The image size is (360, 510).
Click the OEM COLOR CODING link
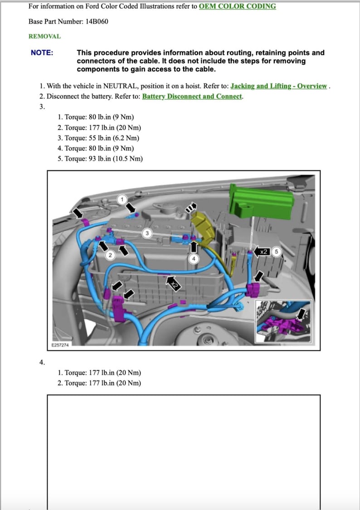click(237, 6)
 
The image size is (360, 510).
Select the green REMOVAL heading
click(44, 36)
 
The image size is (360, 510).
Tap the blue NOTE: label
click(42, 53)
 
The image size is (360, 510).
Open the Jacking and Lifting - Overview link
click(279, 86)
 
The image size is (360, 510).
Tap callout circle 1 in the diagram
click(122, 199)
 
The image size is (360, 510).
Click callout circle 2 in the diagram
click(109, 255)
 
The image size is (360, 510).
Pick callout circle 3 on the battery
click(147, 233)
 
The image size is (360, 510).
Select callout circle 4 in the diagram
click(194, 259)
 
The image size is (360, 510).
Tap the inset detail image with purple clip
click(283, 322)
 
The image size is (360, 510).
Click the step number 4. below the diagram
click(42, 362)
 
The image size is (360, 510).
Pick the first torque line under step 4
click(99, 373)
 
